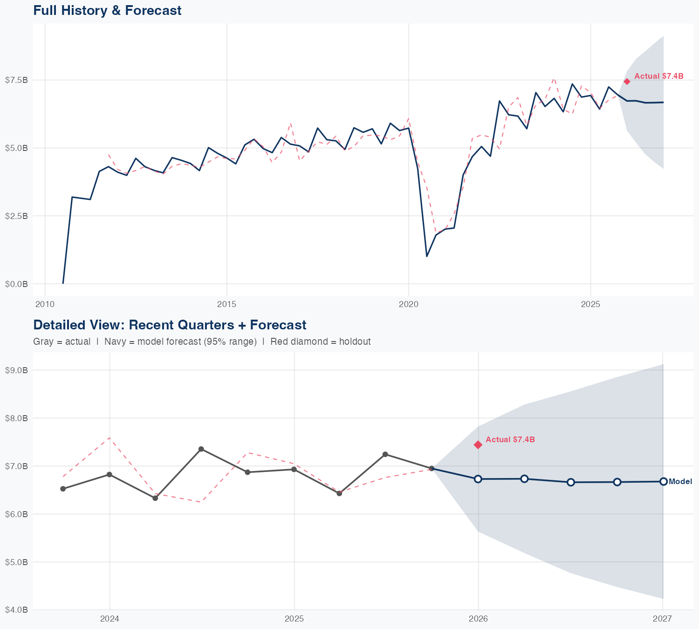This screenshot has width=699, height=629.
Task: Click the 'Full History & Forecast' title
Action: click(x=107, y=10)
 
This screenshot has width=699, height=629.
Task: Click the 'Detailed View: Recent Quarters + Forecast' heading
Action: click(x=170, y=325)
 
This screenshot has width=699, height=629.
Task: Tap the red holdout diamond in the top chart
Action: click(x=627, y=82)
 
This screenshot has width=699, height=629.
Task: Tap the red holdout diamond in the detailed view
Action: click(x=478, y=445)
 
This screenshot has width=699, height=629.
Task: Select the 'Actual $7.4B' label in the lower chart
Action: click(x=510, y=439)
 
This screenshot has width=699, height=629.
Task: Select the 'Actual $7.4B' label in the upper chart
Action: click(x=658, y=76)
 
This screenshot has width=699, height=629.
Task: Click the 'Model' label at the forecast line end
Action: click(x=680, y=482)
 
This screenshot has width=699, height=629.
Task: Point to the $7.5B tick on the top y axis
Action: click(x=16, y=80)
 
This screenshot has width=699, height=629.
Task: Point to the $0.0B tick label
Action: click(x=16, y=284)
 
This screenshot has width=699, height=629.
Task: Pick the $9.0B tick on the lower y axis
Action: click(x=16, y=370)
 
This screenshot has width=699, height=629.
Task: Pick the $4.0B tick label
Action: click(x=16, y=609)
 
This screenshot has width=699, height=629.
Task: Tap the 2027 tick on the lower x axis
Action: click(x=662, y=619)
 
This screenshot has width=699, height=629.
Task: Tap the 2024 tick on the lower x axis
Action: click(x=110, y=619)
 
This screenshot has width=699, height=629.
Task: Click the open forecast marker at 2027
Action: click(x=663, y=481)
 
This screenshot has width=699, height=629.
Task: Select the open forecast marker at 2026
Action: click(x=478, y=479)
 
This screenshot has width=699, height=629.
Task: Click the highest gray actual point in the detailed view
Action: click(x=201, y=449)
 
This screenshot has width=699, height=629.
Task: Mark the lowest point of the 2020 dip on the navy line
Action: click(x=427, y=256)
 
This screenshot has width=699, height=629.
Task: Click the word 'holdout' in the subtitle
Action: click(x=355, y=342)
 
